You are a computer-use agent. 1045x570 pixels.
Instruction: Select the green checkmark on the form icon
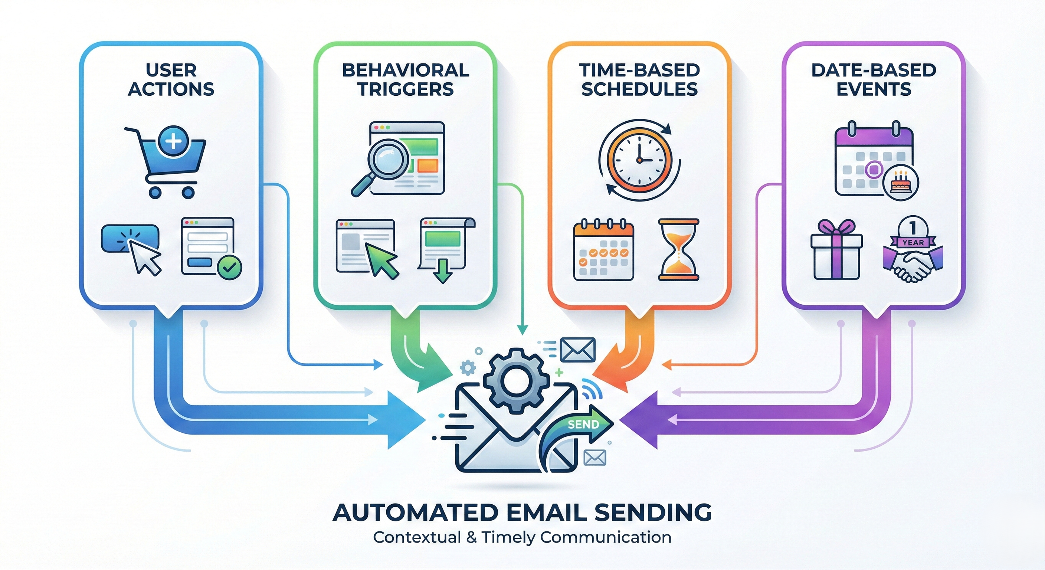coord(229,266)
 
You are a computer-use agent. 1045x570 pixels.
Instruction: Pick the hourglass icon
coord(678,249)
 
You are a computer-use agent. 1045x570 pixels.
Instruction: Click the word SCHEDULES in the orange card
coord(639,89)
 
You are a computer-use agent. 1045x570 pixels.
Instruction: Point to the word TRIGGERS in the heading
coord(405,89)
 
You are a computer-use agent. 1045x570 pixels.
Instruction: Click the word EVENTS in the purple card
coord(874,89)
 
